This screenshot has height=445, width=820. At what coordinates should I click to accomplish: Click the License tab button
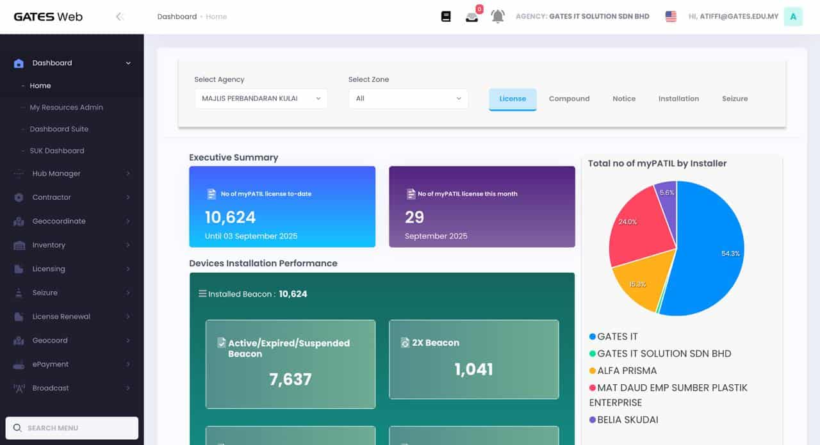coord(512,99)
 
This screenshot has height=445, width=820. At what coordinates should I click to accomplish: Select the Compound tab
coord(569,99)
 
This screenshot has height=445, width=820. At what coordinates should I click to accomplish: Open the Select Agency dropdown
coord(261,99)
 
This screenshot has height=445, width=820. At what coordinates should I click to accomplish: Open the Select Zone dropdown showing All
coord(408,99)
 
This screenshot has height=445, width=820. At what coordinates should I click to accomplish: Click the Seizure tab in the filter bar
coord(735,99)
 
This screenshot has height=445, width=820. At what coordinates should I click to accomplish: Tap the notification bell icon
coord(498,17)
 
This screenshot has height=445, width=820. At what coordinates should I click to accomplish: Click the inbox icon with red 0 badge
coord(472,17)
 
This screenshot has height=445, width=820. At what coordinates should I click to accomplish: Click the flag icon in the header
coord(671,17)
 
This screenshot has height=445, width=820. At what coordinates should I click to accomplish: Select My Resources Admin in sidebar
coord(66,108)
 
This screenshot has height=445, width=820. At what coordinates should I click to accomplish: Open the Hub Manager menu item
coord(56,174)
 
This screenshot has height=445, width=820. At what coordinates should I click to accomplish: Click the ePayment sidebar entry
coord(50,364)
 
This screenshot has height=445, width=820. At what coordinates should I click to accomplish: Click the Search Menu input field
coord(72,428)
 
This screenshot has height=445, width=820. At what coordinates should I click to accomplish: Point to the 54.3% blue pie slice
coord(711,250)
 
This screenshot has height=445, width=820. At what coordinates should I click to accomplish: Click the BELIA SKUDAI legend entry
coord(627,420)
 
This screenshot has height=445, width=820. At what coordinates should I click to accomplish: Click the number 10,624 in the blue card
coord(231,218)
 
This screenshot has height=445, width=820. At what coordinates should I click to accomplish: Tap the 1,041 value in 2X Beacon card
coord(473,369)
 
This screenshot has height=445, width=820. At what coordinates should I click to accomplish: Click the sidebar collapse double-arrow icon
coord(119,17)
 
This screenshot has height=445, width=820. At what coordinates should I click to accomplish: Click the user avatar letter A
coord(793,17)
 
